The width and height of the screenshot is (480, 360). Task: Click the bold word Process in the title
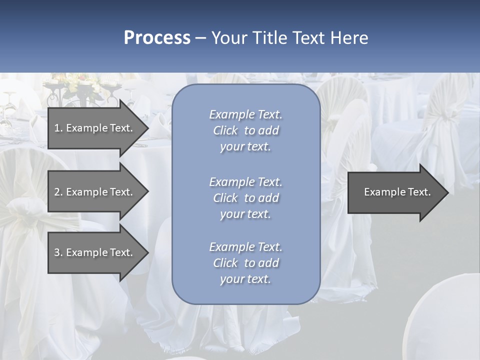tap(157, 38)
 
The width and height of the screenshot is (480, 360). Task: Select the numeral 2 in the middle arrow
tap(57, 192)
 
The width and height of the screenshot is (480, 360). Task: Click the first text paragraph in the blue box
tap(245, 130)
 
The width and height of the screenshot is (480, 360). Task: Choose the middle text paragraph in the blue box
tap(245, 198)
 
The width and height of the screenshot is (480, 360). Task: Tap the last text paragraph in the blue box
tap(245, 263)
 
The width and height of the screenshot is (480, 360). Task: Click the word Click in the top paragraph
tap(225, 130)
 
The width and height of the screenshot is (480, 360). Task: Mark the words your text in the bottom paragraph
tap(245, 279)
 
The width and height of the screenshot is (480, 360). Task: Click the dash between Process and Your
tap(201, 38)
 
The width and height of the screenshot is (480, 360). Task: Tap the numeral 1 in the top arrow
tap(57, 128)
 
